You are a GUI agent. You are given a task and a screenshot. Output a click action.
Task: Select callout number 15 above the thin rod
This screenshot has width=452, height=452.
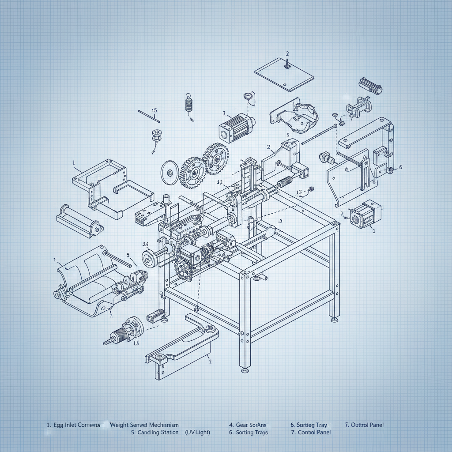154,111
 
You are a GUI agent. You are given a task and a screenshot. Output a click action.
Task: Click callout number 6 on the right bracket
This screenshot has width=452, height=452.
400,167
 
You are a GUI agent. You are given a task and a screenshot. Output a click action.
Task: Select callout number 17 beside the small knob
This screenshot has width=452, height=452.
299,192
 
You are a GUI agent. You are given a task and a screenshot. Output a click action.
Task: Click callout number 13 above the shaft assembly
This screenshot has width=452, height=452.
219,182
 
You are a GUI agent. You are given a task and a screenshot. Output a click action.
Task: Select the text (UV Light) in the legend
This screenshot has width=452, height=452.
197,432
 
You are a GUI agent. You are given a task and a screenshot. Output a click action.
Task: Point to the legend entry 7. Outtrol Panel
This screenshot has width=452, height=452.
364,425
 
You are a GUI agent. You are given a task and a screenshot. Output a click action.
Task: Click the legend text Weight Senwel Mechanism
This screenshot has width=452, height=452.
144,425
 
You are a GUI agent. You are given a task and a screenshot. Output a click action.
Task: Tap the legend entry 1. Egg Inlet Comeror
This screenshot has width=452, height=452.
74,425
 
